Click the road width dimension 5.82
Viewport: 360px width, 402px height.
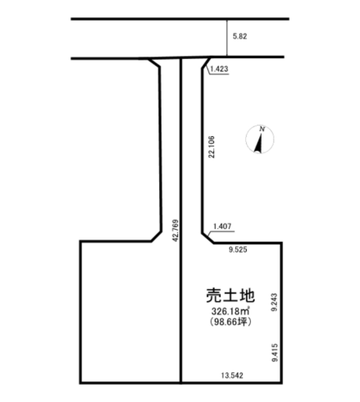click(x=239, y=36)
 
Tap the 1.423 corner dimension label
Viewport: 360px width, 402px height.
click(x=219, y=69)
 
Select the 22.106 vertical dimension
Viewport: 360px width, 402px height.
click(x=212, y=147)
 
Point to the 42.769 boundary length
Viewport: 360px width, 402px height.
click(x=175, y=231)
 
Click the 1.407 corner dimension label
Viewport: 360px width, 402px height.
click(x=222, y=226)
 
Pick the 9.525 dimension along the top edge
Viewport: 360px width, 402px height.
click(x=238, y=249)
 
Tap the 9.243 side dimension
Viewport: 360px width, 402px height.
click(x=274, y=302)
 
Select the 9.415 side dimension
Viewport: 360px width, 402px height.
click(x=275, y=353)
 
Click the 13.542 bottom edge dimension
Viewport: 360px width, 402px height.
click(x=232, y=376)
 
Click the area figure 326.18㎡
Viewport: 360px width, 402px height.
click(x=230, y=311)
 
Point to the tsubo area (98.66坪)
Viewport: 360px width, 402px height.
click(x=230, y=322)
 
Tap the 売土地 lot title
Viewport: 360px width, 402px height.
click(x=230, y=295)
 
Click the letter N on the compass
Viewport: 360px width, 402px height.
click(x=262, y=129)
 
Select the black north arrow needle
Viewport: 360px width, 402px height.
click(x=258, y=143)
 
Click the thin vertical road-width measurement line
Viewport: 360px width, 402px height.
click(x=227, y=38)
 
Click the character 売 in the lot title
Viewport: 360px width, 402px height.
click(x=213, y=295)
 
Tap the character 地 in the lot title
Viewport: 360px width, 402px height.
click(x=247, y=295)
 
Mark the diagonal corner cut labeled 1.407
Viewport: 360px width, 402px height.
click(x=208, y=238)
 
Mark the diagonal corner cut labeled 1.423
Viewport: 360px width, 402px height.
click(x=207, y=62)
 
